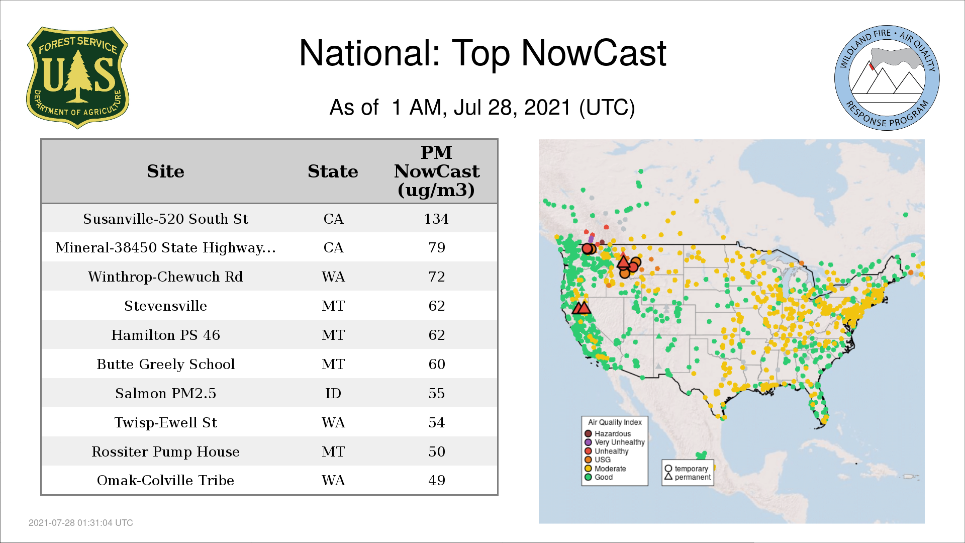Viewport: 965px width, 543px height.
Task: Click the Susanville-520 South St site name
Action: (165, 219)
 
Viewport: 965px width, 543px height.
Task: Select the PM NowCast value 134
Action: (436, 219)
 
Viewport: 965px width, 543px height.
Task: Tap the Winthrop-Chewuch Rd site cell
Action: (165, 277)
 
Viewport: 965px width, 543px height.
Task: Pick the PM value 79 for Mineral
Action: (437, 247)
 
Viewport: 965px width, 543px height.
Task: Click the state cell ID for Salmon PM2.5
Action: (333, 393)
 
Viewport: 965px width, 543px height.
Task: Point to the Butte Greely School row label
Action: (165, 364)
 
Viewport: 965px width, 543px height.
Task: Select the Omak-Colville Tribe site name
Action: (165, 480)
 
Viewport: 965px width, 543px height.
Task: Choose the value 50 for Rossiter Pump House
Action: (437, 451)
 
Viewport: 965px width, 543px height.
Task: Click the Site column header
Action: (165, 171)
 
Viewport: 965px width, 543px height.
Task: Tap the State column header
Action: (333, 171)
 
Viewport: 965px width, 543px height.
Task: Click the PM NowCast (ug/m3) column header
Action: (437, 171)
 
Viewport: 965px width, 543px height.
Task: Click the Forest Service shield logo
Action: (77, 78)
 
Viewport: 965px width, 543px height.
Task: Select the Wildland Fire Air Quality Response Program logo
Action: (887, 78)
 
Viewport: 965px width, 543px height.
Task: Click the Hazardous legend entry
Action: (608, 433)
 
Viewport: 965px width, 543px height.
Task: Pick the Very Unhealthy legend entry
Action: (614, 442)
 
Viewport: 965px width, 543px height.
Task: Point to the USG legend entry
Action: (598, 460)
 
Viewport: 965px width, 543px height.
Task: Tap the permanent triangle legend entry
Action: (688, 477)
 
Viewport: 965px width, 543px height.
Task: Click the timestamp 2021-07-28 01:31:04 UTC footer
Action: (81, 523)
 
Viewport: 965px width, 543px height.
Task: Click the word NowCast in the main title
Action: (594, 53)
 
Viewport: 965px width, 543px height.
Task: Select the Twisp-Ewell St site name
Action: (165, 422)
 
